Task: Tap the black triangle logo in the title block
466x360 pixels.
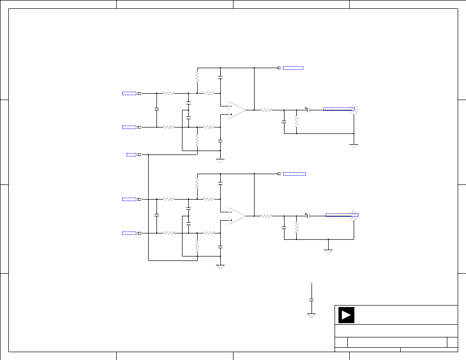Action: (346, 315)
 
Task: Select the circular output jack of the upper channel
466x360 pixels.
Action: (354, 110)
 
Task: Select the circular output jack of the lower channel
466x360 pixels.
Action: (354, 216)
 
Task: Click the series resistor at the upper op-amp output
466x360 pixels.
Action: (266, 110)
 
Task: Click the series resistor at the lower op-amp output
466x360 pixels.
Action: (266, 216)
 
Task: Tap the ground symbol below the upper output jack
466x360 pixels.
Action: (354, 146)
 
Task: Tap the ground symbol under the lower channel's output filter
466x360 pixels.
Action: (328, 251)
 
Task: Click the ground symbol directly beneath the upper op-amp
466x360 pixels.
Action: (220, 160)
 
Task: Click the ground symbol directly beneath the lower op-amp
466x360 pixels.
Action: (220, 266)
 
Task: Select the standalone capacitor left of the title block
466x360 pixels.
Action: (311, 299)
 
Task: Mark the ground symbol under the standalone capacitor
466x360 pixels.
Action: (311, 315)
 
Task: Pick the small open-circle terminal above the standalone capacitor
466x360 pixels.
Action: (311, 283)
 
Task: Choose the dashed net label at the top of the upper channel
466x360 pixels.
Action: (293, 68)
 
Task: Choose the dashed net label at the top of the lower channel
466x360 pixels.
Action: (294, 174)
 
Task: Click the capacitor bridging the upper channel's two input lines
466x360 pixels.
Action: (156, 109)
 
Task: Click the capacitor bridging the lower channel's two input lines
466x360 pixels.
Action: (156, 215)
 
